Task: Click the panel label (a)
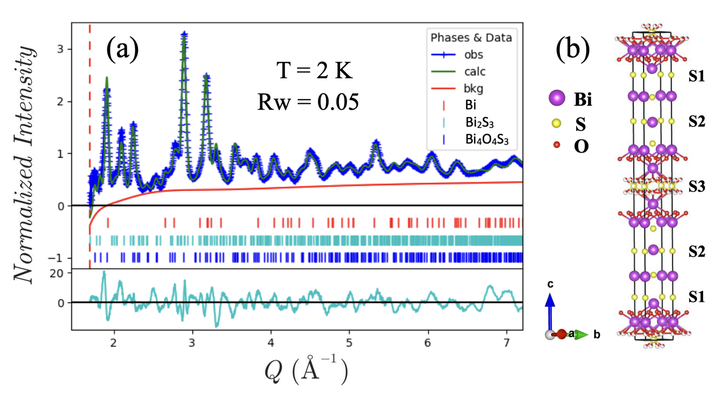click(x=122, y=50)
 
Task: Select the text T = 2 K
click(x=314, y=70)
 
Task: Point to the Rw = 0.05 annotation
click(x=308, y=102)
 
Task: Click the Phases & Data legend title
click(x=471, y=38)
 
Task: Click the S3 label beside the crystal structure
click(x=697, y=187)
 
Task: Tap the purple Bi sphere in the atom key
click(x=557, y=98)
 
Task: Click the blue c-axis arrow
click(x=550, y=311)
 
